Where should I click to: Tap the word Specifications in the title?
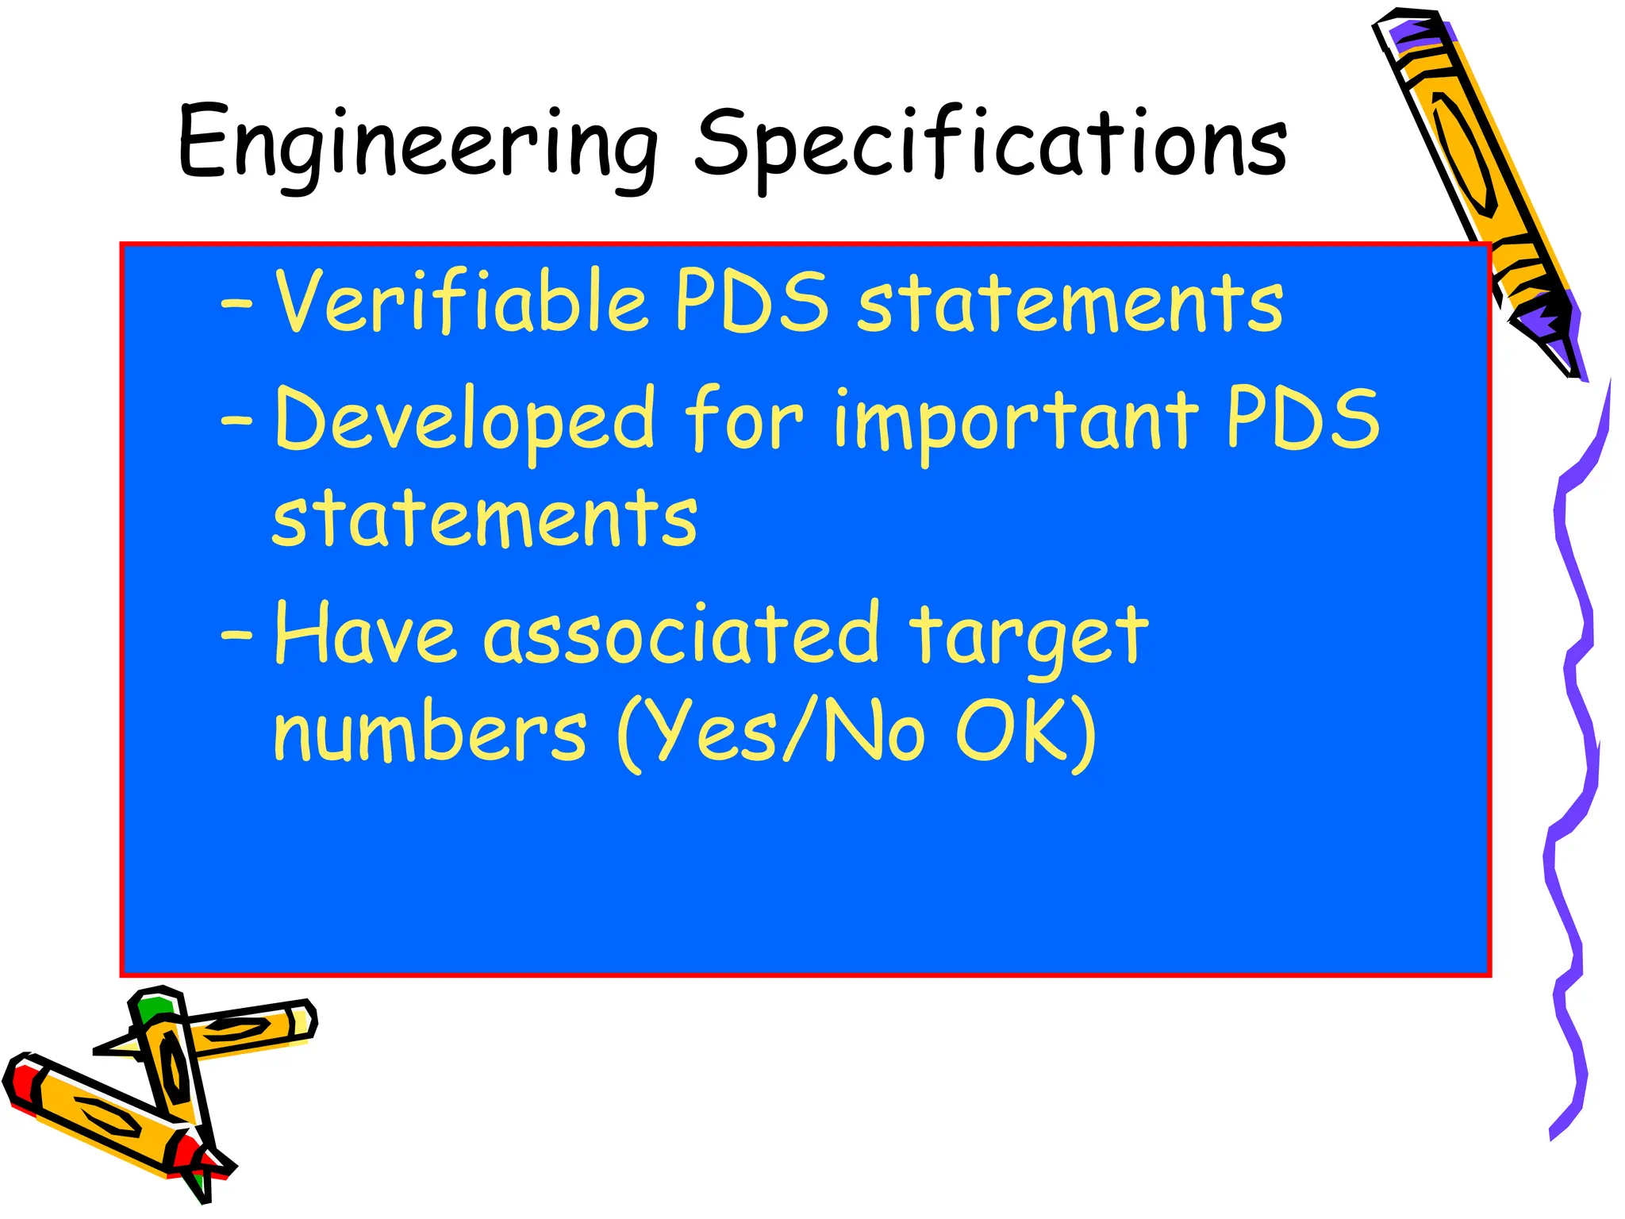click(x=991, y=144)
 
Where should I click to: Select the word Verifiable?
click(x=460, y=302)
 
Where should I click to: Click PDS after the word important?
click(x=1303, y=417)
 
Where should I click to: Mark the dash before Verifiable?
click(x=237, y=303)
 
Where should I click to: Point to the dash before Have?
click(x=237, y=635)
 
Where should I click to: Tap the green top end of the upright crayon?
click(x=153, y=1006)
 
